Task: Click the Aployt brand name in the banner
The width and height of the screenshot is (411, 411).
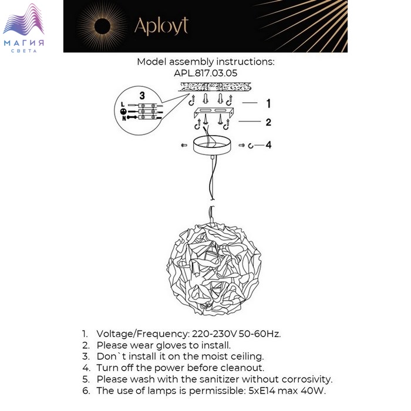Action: tap(161, 26)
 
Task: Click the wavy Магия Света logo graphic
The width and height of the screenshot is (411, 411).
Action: tap(23, 19)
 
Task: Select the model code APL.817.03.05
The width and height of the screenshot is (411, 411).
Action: tap(206, 73)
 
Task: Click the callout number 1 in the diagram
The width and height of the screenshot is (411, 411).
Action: tap(268, 103)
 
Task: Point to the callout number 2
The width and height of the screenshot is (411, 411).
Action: tap(268, 122)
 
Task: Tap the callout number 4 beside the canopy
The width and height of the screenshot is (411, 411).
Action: tap(268, 145)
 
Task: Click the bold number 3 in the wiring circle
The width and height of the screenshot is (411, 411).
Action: tap(142, 95)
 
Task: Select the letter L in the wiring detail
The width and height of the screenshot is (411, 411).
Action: tap(123, 105)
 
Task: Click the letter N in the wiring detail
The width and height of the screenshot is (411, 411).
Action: tap(124, 119)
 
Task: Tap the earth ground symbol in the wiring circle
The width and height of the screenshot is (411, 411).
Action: tap(123, 112)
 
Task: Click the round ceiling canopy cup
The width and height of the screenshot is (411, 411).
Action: tap(212, 145)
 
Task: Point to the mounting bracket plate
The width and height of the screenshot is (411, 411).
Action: tap(214, 112)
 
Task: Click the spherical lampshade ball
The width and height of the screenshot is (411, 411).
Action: tap(214, 269)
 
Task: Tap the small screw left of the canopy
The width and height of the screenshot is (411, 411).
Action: tap(184, 145)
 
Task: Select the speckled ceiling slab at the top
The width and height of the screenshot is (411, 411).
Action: tap(215, 87)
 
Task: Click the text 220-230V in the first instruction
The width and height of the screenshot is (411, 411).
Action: tap(214, 334)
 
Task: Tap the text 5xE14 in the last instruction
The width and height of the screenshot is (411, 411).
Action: tap(262, 391)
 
